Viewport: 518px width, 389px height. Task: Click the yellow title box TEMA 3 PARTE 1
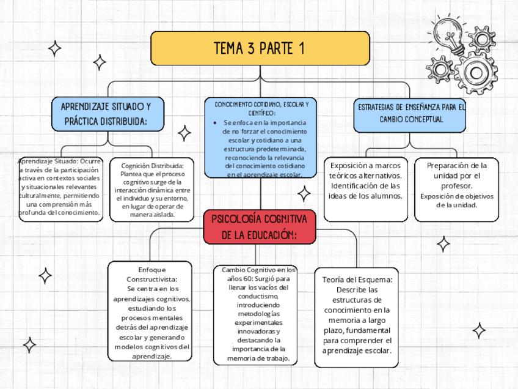260,48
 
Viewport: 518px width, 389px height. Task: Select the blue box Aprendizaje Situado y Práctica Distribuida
105,113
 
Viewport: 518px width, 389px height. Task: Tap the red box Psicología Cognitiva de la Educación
260,226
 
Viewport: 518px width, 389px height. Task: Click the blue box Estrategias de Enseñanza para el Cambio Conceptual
410,113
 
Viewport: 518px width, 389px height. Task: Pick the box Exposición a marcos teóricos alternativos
365,190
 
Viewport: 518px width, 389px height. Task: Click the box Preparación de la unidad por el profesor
456,183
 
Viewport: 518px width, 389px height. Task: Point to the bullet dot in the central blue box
217,123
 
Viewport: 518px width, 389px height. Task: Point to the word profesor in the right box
457,185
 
